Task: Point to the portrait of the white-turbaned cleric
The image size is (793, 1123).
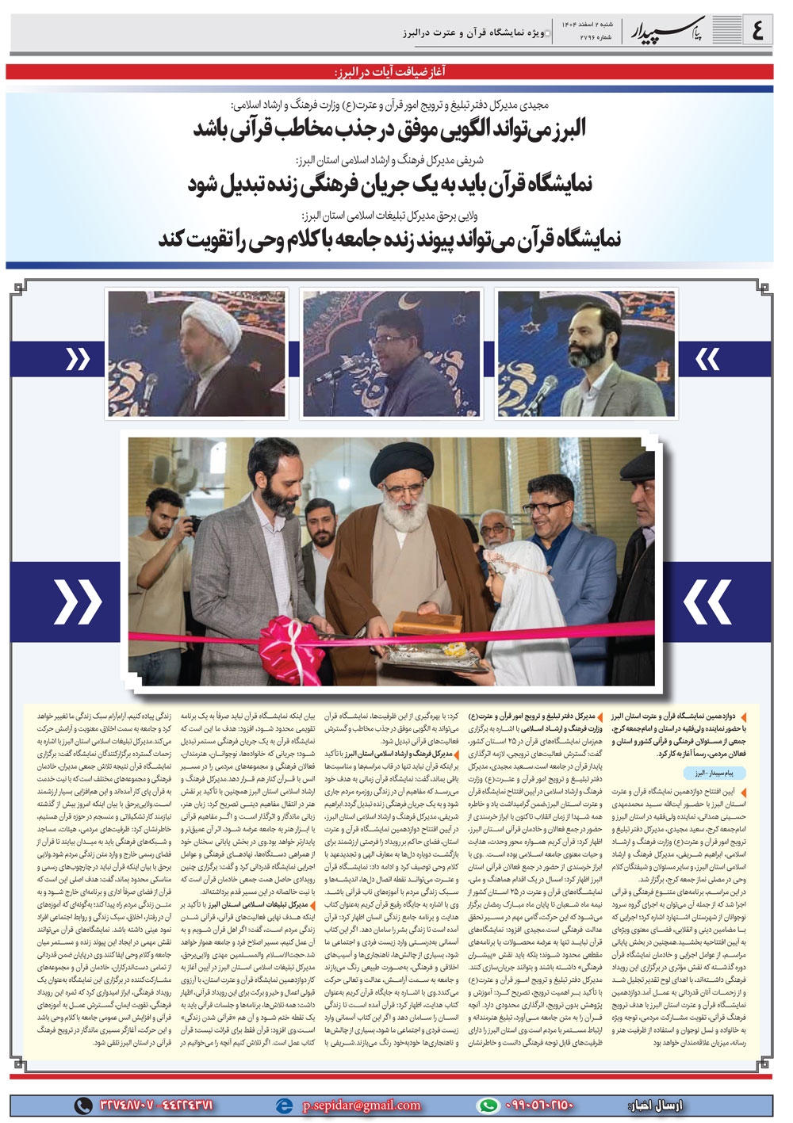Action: coord(197,354)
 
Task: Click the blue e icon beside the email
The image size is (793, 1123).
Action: coord(281,1105)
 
